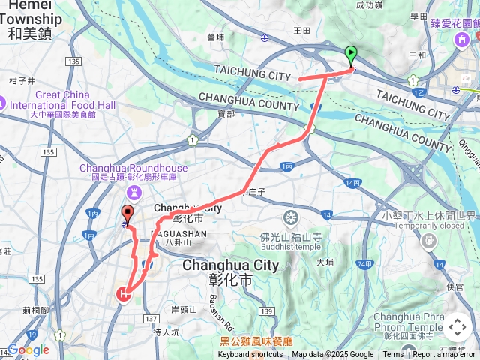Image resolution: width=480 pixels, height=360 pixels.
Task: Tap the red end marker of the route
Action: [127, 214]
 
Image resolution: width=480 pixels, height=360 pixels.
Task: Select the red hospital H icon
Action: [123, 294]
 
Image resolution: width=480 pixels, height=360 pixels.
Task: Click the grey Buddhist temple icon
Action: [291, 218]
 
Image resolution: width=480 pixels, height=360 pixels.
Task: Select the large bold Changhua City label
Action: [231, 265]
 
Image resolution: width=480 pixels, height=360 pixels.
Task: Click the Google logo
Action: [28, 349]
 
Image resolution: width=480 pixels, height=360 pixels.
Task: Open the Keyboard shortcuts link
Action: [251, 355]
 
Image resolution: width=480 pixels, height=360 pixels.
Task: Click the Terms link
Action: [393, 355]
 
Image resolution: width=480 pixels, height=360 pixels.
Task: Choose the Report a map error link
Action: [445, 355]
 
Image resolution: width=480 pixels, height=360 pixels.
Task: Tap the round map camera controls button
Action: [457, 327]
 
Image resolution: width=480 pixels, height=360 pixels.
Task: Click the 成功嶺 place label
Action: [369, 5]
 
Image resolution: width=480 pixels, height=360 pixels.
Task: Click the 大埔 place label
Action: [325, 262]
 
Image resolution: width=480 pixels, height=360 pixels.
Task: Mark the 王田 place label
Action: [301, 30]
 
